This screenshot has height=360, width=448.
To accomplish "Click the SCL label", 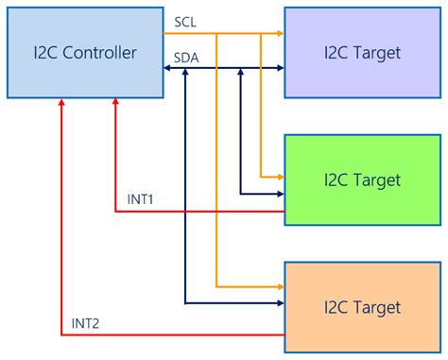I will (x=186, y=21).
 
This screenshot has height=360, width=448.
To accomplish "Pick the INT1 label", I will (x=141, y=199).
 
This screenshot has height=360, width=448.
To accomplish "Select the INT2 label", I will (x=86, y=324).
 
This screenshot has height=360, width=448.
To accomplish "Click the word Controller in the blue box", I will (x=102, y=53).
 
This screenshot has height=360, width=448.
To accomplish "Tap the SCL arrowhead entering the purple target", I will (x=280, y=34).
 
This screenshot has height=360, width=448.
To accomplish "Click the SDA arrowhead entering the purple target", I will (x=280, y=67).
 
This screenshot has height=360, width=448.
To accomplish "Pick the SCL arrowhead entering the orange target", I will (x=280, y=284).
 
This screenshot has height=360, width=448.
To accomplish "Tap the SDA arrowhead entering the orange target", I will (x=280, y=303).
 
